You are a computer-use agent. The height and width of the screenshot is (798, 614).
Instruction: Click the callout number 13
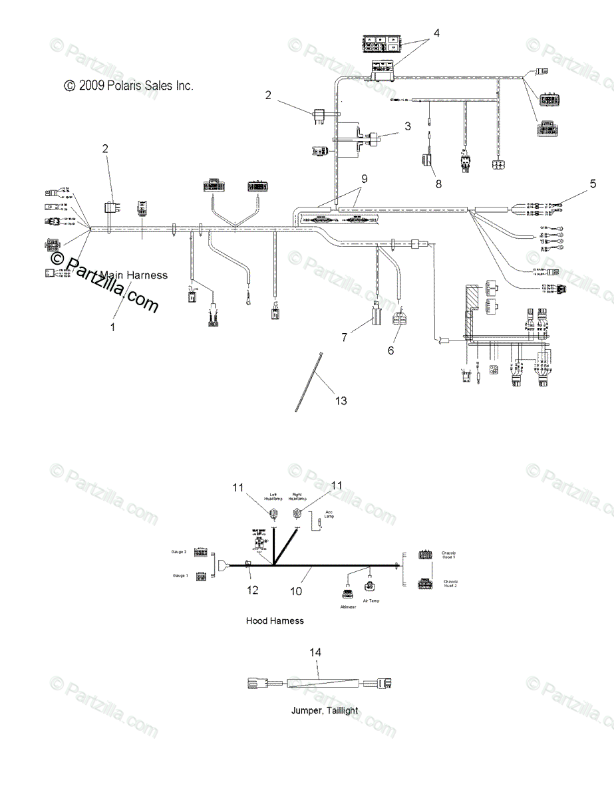coord(341,401)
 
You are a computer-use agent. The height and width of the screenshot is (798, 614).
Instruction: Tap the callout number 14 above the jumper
coord(315,653)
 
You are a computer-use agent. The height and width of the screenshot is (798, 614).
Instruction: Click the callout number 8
coord(438,184)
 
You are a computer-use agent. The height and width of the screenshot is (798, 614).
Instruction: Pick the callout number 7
coord(344,337)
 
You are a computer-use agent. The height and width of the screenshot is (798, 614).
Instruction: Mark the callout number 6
coord(390,350)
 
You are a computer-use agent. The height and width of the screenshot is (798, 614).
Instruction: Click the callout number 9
coord(364,178)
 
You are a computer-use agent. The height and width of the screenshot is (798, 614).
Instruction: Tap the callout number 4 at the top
coord(436,33)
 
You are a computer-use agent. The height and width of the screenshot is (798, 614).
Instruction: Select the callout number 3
coord(408,125)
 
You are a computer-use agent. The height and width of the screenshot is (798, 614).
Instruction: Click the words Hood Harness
coord(275,620)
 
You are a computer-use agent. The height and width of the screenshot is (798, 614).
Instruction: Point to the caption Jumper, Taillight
coord(324,710)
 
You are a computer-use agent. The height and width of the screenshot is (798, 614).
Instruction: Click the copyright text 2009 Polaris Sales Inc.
coord(128,85)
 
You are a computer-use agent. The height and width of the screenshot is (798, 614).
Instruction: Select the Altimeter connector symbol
coord(348,594)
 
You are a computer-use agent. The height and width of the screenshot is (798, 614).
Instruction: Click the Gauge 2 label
coord(178,552)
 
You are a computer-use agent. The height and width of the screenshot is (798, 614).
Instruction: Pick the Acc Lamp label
coord(329,513)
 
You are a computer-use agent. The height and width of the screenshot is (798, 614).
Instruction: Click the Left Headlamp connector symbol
coord(273,513)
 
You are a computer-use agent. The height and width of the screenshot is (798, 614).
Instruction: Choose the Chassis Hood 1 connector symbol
coord(425,554)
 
